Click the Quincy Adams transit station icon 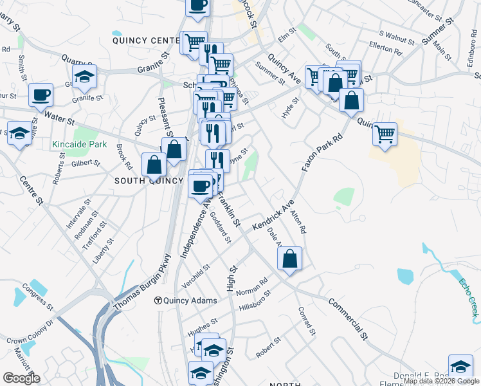click(158, 300)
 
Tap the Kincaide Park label click(79, 144)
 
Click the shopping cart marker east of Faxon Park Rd click(385, 134)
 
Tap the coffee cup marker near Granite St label click(41, 95)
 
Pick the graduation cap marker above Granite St click(84, 77)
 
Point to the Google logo click(21, 378)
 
